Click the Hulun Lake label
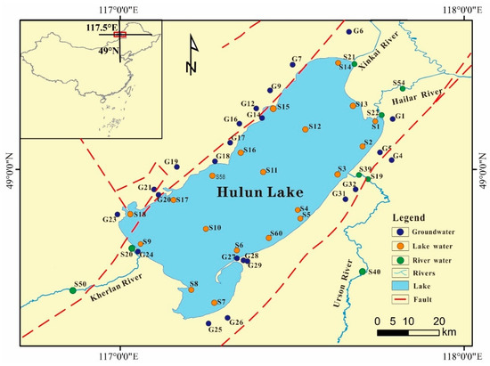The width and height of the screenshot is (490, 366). pyautogui.click(x=259, y=192)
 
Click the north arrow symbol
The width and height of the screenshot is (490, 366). pyautogui.click(x=192, y=55)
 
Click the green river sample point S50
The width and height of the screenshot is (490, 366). pyautogui.click(x=73, y=290)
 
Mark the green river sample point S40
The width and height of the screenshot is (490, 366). pyautogui.click(x=363, y=272)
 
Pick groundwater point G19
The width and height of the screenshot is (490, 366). pyautogui.click(x=176, y=167)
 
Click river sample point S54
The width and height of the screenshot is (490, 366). pyautogui.click(x=403, y=89)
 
